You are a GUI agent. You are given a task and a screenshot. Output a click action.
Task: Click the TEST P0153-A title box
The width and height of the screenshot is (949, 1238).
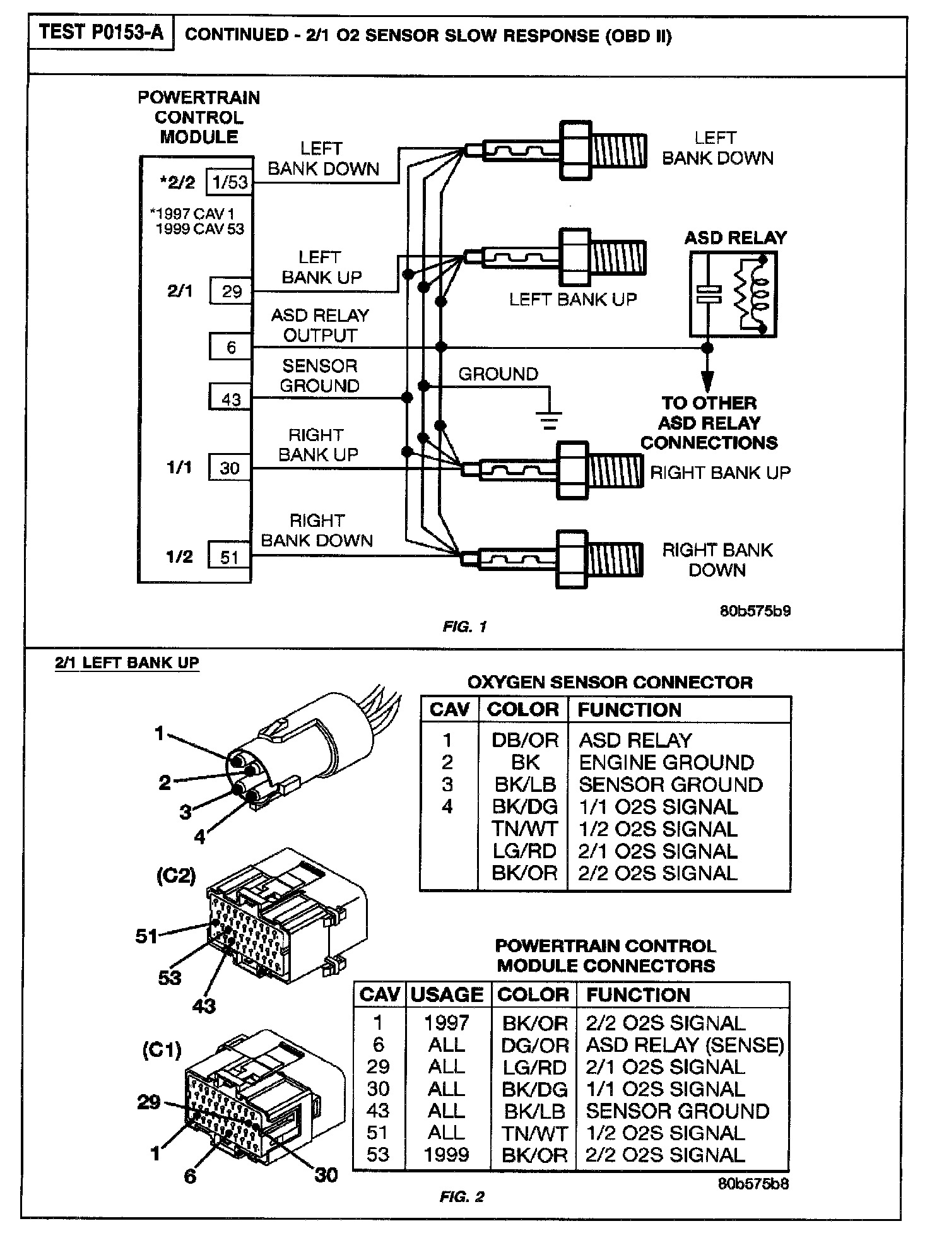coord(101,33)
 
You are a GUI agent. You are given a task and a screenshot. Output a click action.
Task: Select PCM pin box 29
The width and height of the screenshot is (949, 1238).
coord(231,291)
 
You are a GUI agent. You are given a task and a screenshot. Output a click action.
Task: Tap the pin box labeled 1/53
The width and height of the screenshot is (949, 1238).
coord(230,183)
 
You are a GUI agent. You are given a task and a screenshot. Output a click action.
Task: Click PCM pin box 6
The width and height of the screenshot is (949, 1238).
coord(231,347)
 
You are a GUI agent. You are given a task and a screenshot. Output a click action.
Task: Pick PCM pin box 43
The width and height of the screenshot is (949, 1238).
coord(231,399)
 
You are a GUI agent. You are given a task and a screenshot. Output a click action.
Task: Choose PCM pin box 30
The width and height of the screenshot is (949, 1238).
coord(230,468)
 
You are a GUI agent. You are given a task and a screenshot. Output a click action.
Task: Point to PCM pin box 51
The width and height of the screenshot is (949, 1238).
coord(230,557)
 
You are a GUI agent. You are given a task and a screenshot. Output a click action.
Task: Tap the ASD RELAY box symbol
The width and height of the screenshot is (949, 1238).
coord(733,295)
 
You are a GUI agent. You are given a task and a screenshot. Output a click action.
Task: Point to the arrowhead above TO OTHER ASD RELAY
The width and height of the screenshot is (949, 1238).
coord(708,381)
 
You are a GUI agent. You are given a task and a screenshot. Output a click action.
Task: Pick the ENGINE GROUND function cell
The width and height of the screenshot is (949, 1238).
coord(666,762)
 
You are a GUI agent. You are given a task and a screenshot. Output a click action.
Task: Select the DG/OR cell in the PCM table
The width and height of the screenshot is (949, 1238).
coord(534,1045)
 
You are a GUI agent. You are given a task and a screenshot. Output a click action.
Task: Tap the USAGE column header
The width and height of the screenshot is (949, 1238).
coord(447,994)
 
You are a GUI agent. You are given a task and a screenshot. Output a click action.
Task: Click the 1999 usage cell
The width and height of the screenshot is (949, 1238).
coord(447,1154)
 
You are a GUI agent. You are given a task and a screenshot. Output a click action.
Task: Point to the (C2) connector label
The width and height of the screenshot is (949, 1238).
coord(176,876)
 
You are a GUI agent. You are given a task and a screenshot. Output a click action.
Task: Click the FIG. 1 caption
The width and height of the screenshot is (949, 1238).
coord(464,627)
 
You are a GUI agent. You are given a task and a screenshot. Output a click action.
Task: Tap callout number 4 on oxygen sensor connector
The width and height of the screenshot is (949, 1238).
coord(200,837)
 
